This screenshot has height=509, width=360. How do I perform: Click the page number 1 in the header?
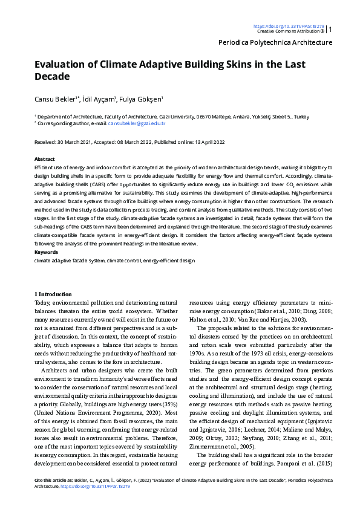click(x=330, y=29)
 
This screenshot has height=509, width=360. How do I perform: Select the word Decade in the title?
click(x=53, y=77)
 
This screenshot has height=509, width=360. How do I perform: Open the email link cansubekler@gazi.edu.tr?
click(x=137, y=123)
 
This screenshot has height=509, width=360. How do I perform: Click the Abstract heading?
click(x=44, y=158)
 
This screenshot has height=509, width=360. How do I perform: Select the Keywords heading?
click(x=45, y=252)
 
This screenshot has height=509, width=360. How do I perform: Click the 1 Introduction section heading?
click(x=53, y=294)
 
